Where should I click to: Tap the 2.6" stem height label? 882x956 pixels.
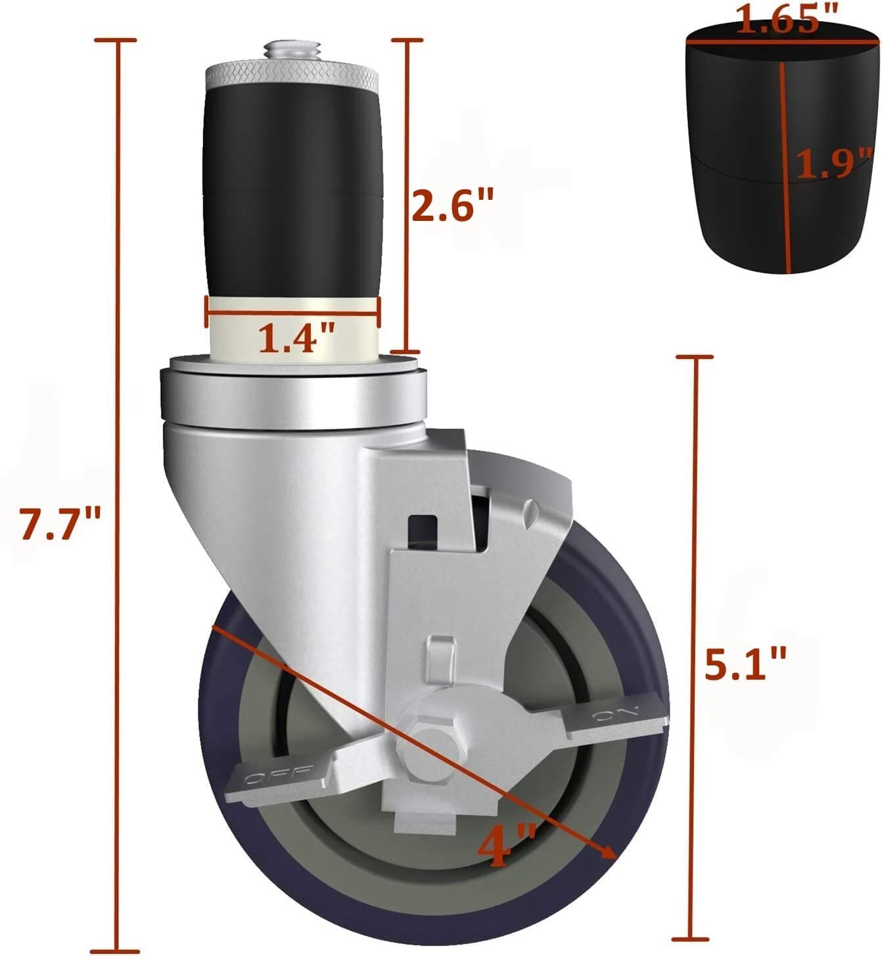click(452, 205)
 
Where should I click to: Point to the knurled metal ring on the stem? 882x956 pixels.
click(292, 76)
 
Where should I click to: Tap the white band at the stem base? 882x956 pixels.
click(292, 329)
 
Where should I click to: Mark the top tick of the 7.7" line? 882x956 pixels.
click(116, 40)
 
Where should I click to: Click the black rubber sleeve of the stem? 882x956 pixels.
click(292, 191)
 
